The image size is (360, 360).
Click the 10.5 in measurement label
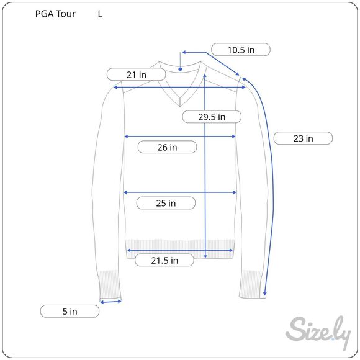pyautogui.click(x=241, y=50)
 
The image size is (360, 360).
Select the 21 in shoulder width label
pyautogui.click(x=136, y=74)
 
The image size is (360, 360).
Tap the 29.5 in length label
pyautogui.click(x=212, y=117)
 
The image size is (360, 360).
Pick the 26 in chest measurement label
pyautogui.click(x=167, y=147)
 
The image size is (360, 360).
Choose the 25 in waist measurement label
pyautogui.click(x=166, y=203)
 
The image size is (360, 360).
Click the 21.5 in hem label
pyautogui.click(x=164, y=260)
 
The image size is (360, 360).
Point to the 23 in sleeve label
pyautogui.click(x=303, y=138)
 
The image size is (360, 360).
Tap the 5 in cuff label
pyautogui.click(x=70, y=312)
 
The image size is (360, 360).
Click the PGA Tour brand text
pyautogui.click(x=55, y=14)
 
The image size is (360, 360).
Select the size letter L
pyautogui.click(x=100, y=14)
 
